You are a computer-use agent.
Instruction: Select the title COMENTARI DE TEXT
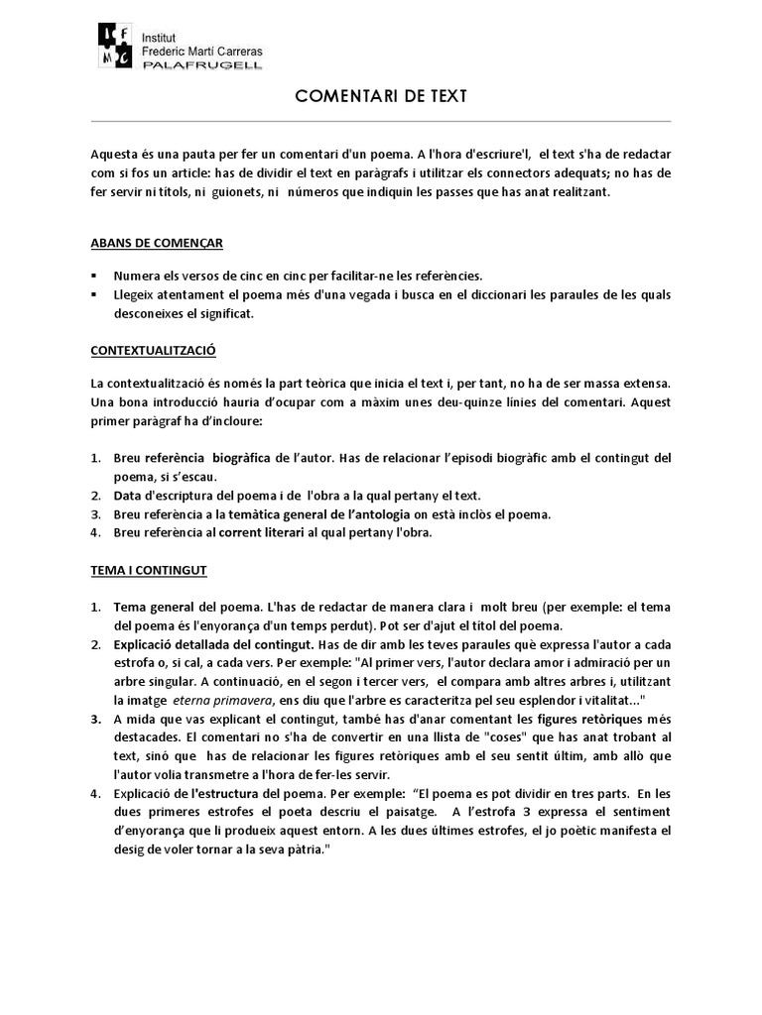pos(381,96)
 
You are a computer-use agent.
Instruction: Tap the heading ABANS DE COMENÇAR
pos(157,241)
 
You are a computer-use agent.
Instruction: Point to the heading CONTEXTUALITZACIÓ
pos(154,351)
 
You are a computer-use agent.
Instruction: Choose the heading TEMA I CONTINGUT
pos(149,571)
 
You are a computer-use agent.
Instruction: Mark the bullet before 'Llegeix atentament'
pos(93,294)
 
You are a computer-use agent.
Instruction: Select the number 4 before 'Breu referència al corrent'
pos(95,532)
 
